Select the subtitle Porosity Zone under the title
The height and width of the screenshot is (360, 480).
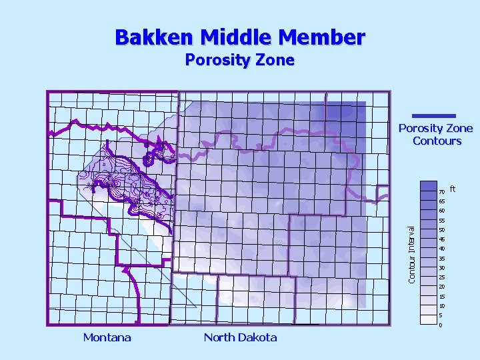point(239,60)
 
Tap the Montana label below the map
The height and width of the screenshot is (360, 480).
point(107,337)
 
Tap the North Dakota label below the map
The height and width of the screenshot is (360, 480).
point(240,337)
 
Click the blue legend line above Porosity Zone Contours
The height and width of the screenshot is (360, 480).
point(434,116)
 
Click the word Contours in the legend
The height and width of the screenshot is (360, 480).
point(437,141)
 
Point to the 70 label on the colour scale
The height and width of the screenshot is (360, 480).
point(442,192)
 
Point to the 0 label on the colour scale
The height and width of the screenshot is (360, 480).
point(441,325)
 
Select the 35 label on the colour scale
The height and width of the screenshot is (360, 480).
point(442,259)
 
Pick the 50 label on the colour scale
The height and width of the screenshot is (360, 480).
point(442,230)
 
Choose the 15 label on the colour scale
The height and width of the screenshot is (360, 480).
point(442,297)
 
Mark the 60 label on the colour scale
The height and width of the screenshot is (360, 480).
point(442,211)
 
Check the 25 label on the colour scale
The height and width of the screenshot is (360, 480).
point(442,277)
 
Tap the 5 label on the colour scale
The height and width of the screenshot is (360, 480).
point(441,315)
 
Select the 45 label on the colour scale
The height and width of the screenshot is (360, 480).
point(442,239)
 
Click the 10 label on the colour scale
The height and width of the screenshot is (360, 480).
point(442,306)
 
